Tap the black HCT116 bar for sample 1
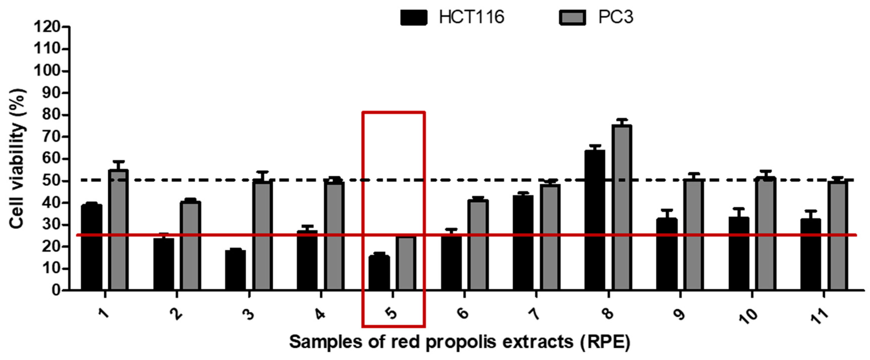(91, 247)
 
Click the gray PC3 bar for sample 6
(478, 245)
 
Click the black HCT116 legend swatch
(413, 17)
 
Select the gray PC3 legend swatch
(572, 17)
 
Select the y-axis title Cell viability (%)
(17, 159)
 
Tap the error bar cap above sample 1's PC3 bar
(118, 161)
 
